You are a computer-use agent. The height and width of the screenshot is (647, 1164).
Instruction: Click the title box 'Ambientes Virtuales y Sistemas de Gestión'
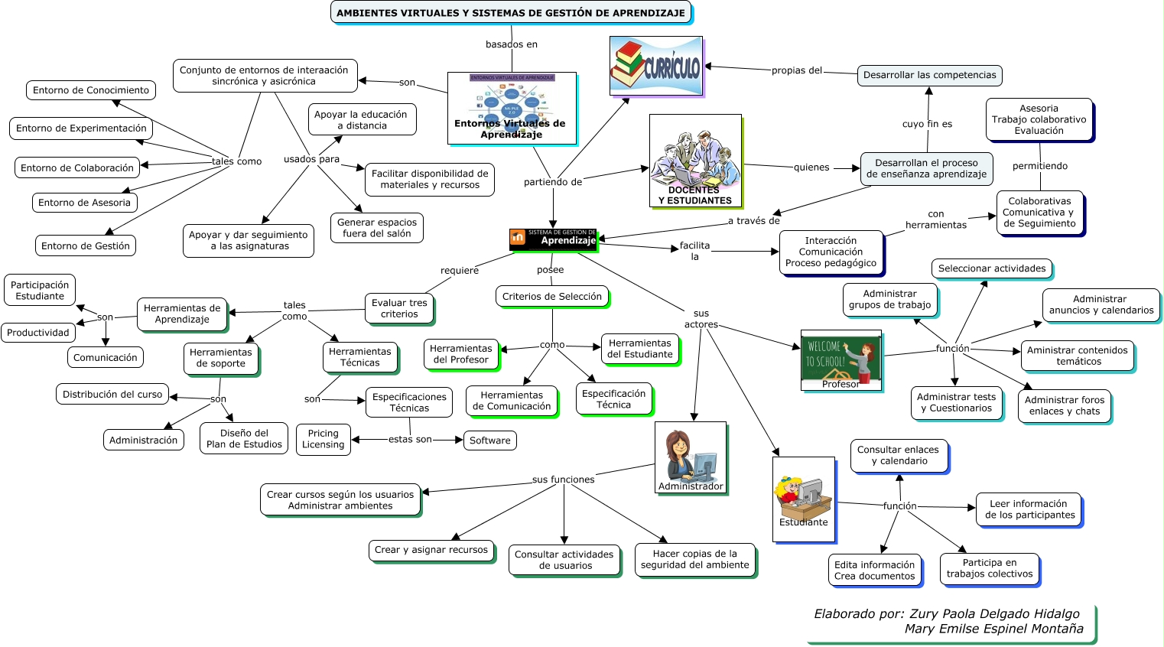point(510,13)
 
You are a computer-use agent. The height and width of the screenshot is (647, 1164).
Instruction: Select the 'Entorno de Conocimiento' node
point(91,90)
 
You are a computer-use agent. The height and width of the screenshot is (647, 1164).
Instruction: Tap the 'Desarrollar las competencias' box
point(929,75)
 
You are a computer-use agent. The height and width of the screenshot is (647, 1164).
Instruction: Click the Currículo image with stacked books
point(656,66)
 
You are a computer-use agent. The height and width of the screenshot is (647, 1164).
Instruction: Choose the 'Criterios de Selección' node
point(551,297)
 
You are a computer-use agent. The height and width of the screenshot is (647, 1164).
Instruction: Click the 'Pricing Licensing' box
point(323,439)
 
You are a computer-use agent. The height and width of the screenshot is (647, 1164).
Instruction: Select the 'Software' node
point(489,441)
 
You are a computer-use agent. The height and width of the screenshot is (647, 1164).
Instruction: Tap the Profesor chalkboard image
point(840,360)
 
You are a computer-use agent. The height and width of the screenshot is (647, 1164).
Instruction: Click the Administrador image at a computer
point(690,457)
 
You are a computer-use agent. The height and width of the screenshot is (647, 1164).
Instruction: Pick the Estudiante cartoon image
point(803,499)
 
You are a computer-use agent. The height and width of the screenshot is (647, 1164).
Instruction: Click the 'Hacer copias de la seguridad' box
point(694,560)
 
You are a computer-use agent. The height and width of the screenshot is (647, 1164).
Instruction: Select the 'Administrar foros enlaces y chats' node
point(1064,405)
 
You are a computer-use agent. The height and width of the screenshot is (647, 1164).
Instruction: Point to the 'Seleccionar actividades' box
point(991,268)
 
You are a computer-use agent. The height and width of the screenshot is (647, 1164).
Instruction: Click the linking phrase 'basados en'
point(511,44)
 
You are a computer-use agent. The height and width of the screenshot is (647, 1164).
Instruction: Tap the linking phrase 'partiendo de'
point(552,182)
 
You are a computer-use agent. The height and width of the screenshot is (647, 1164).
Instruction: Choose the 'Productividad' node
point(38,333)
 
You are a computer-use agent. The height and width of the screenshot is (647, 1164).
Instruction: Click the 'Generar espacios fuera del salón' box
point(376,228)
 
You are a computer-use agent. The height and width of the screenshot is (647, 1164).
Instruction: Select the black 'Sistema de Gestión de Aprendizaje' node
point(553,239)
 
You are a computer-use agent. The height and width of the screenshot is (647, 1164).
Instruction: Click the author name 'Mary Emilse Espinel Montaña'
point(993,629)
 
